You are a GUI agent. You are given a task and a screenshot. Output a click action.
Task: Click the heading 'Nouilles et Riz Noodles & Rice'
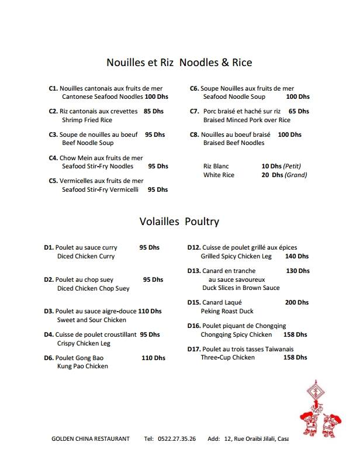tap(179, 62)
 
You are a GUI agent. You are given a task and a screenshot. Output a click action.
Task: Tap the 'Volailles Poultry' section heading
tap(179, 221)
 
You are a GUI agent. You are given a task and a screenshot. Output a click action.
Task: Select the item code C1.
tap(53, 88)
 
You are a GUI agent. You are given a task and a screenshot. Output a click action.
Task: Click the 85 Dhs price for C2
tap(154, 111)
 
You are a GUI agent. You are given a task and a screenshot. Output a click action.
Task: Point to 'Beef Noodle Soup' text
tap(88, 143)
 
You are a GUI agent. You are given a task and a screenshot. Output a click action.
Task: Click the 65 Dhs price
tap(299, 111)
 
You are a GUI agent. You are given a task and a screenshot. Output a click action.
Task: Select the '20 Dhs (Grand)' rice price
tap(284, 175)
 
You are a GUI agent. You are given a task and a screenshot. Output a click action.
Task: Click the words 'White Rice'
tap(219, 175)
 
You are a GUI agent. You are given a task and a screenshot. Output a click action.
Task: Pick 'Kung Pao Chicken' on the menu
tap(82, 366)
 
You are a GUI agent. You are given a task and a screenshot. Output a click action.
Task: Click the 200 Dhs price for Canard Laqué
tap(297, 303)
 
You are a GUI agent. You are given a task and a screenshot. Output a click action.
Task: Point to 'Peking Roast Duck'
tap(227, 312)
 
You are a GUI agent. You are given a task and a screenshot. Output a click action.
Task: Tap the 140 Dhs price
tap(297, 256)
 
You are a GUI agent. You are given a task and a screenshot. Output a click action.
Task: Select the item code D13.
tap(194, 271)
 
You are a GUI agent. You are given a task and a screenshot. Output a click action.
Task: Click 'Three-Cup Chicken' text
tap(228, 357)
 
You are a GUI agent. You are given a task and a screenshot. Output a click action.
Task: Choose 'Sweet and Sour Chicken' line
tap(92, 320)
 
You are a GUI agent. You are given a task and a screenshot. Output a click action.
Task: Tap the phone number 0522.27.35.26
tap(177, 438)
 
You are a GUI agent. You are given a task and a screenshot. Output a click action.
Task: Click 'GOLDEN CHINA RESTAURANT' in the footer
tap(91, 438)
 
